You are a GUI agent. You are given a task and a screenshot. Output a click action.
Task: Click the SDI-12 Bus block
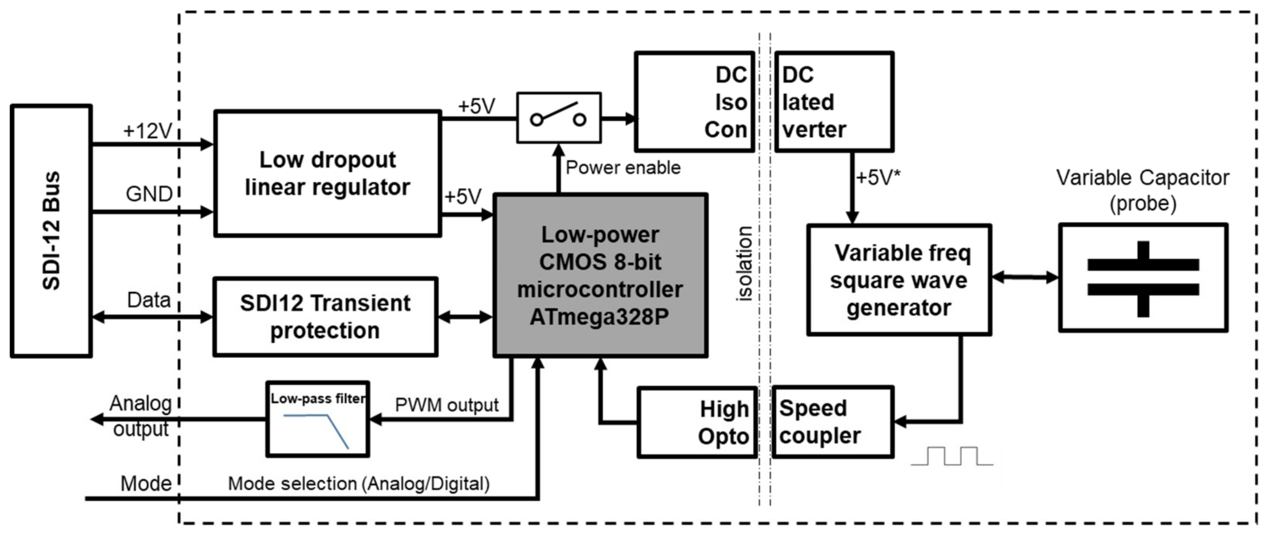click(51, 230)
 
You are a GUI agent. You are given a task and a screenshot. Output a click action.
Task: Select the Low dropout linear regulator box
click(327, 174)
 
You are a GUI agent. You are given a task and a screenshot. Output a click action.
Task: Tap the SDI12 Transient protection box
click(325, 316)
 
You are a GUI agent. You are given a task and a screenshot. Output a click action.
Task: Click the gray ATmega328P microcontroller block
click(600, 275)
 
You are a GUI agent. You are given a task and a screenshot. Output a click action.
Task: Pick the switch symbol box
click(559, 118)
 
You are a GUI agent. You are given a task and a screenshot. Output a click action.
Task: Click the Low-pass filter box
click(317, 419)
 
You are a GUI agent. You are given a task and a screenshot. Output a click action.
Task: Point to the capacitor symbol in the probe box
click(1143, 278)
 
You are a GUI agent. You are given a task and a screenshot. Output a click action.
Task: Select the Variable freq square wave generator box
click(899, 280)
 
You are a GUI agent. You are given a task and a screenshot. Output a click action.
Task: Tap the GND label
click(149, 194)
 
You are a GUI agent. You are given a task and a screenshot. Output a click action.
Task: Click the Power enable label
click(623, 168)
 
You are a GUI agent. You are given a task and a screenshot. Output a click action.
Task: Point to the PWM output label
click(447, 405)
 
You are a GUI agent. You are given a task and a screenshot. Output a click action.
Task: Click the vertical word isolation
click(744, 264)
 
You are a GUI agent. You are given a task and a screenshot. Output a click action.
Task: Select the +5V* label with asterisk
click(878, 178)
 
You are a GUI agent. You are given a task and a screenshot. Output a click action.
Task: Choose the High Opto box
click(697, 423)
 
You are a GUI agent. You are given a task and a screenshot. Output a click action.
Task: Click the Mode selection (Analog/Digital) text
click(359, 484)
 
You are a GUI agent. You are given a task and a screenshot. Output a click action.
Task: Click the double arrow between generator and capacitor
click(1025, 277)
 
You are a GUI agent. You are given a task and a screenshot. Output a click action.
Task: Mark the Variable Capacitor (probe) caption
click(1142, 190)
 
